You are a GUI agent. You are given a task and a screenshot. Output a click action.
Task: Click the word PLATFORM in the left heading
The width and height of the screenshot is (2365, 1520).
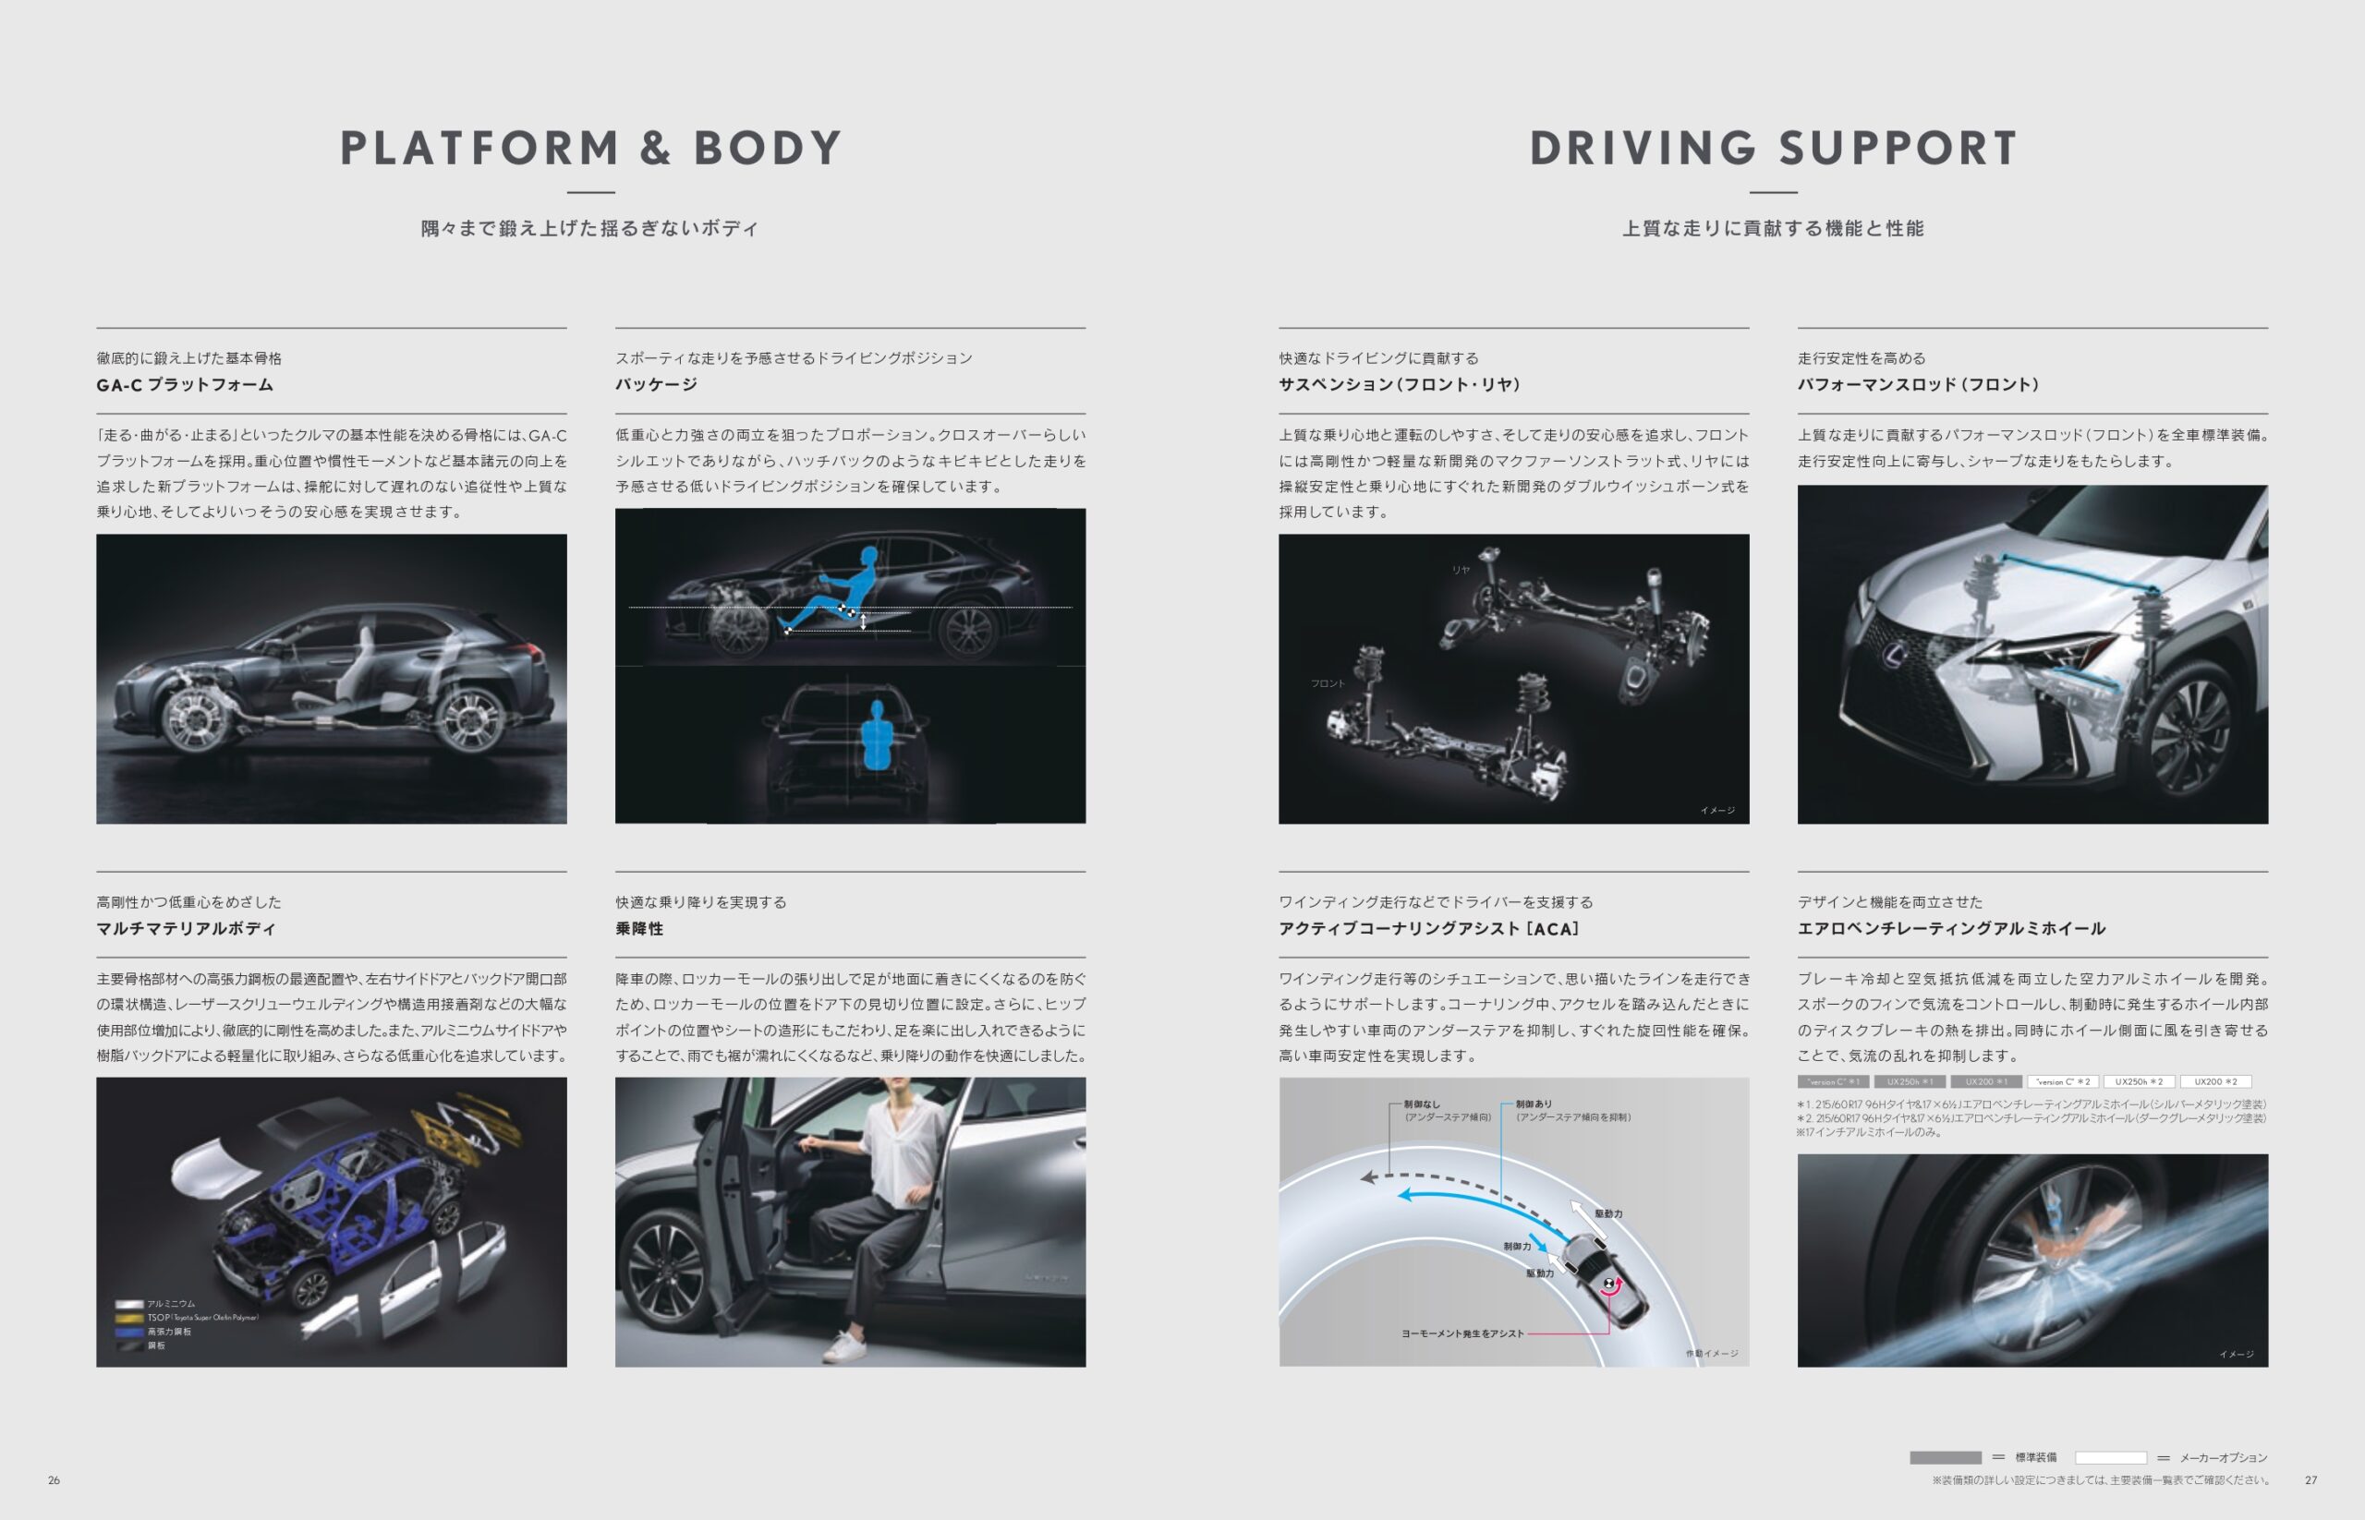click(479, 149)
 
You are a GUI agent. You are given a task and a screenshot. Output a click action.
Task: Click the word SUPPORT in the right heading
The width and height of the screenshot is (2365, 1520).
click(1897, 149)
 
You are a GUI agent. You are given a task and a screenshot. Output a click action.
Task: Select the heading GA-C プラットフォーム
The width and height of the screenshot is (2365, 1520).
click(185, 385)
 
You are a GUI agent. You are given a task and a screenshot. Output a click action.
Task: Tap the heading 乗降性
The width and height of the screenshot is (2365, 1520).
click(639, 929)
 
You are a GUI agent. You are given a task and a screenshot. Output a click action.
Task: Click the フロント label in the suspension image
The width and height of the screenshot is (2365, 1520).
click(1328, 683)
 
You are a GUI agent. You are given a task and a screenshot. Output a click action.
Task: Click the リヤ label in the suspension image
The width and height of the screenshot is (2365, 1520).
click(1461, 570)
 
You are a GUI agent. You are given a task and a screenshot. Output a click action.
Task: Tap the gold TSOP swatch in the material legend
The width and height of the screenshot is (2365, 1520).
click(129, 1318)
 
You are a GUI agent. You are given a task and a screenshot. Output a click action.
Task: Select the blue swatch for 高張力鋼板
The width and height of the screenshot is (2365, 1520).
click(129, 1332)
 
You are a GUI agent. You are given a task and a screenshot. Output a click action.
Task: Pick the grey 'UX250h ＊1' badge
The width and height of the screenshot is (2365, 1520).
click(1909, 1081)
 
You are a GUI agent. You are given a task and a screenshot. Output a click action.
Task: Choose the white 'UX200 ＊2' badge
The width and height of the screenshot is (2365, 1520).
click(2215, 1081)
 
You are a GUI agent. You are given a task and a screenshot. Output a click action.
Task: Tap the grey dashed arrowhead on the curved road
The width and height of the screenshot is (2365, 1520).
click(1368, 1176)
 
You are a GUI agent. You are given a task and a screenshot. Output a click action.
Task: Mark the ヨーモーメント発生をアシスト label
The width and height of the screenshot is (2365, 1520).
click(1461, 1333)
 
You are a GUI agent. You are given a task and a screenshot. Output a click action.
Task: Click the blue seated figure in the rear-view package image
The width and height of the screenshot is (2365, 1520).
click(877, 736)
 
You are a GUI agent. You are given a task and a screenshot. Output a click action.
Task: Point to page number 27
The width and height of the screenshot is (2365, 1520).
click(2310, 1479)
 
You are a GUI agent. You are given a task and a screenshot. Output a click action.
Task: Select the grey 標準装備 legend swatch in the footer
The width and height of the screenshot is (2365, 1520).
click(1945, 1458)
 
